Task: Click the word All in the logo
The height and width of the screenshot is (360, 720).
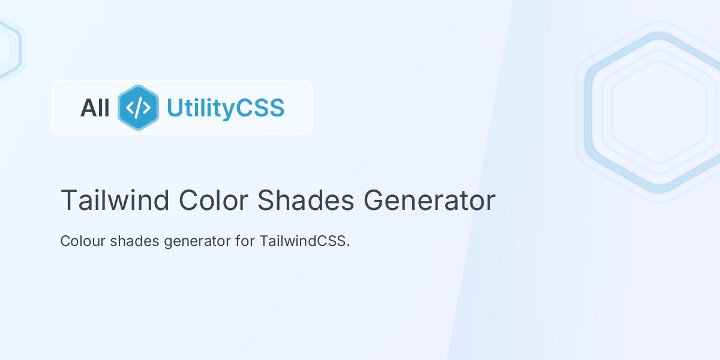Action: coord(95,108)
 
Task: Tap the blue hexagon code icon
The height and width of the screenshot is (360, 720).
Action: coord(138,107)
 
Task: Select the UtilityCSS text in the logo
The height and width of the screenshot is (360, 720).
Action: coord(225,108)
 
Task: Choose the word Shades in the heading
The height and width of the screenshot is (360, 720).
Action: coord(305,200)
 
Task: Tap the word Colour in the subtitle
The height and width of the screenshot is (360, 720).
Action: coord(83,241)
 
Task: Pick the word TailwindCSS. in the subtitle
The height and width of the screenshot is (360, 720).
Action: coord(304,241)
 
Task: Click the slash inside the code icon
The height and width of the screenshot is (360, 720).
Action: coord(138,107)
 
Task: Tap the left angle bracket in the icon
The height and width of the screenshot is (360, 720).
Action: coord(130,107)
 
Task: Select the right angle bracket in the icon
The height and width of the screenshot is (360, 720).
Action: coord(146,107)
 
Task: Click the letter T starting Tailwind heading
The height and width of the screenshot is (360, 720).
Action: coord(67,200)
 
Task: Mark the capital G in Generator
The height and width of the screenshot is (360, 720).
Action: coord(374,200)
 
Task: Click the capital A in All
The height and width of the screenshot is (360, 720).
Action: coord(87,108)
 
